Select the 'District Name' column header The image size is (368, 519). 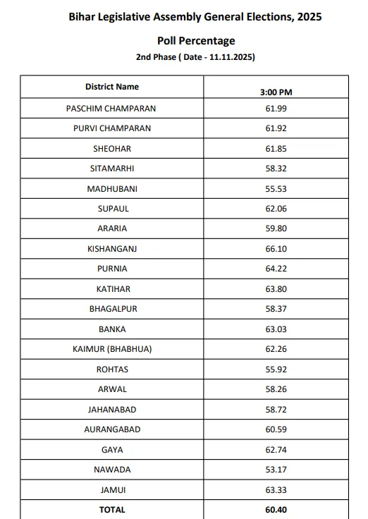click(112, 87)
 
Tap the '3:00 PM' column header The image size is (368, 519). click(276, 92)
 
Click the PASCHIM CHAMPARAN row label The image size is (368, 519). click(111, 109)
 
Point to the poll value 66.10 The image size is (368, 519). click(276, 249)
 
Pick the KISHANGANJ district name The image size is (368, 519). click(112, 249)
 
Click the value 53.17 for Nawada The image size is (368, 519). click(276, 470)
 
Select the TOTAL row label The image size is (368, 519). click(112, 509)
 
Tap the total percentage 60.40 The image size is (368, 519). click(276, 509)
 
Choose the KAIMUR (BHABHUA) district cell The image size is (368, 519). click(112, 349)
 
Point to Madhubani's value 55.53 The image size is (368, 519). click(276, 189)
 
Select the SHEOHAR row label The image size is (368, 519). click(112, 149)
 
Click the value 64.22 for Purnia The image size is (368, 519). click(276, 269)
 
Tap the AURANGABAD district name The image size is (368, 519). click(112, 429)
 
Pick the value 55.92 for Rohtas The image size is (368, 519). click(276, 370)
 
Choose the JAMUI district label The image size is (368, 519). click(112, 489)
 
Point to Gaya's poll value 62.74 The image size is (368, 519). click(276, 450)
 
